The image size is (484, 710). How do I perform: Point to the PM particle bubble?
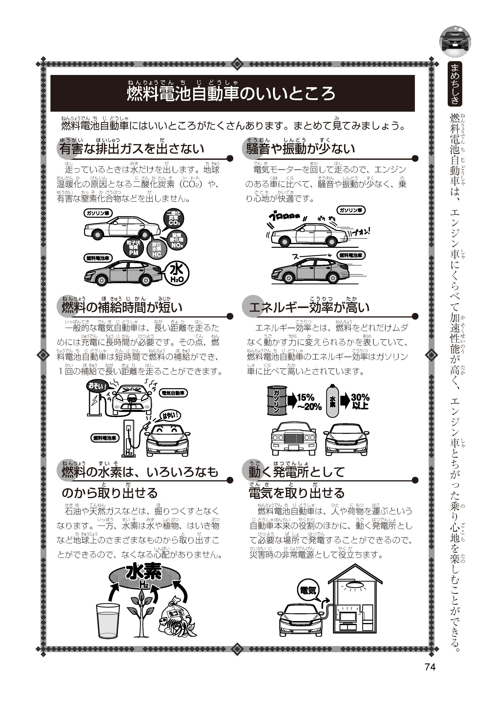pyautogui.click(x=134, y=248)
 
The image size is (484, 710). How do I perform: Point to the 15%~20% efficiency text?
pyautogui.click(x=309, y=402)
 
